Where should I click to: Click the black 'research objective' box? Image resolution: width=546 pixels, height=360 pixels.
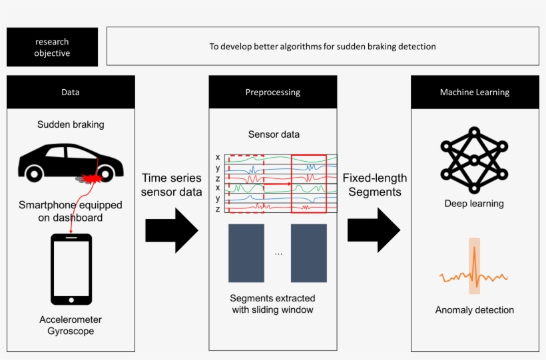[x=52, y=47]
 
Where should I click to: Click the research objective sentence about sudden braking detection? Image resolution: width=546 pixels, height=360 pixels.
[x=322, y=47]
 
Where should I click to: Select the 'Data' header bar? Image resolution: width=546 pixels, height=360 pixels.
[x=71, y=92]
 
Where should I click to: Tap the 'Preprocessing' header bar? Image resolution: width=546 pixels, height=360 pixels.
[x=272, y=92]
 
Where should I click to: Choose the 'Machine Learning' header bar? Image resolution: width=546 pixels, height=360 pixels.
[x=474, y=92]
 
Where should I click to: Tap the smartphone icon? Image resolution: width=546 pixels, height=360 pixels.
[x=71, y=268]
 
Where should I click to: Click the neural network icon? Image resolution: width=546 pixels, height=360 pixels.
[x=474, y=161]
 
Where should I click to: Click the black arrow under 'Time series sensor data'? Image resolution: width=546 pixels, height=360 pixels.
[x=172, y=230]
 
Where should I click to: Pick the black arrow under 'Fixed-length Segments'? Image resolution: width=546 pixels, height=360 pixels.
[x=374, y=230]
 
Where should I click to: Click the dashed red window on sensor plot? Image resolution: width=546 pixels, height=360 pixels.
[x=246, y=184]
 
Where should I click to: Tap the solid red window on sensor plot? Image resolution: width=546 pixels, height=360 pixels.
[x=309, y=184]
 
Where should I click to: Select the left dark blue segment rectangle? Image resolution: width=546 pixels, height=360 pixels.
[x=246, y=253]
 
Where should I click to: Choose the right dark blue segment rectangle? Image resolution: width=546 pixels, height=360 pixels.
[x=308, y=253]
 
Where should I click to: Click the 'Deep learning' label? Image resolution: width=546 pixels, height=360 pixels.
[x=474, y=204]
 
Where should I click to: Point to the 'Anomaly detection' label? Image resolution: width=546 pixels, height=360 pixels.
[x=474, y=310]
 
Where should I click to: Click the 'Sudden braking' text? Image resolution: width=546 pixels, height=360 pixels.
[x=71, y=124]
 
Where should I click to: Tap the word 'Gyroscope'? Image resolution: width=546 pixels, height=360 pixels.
[x=71, y=331]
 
